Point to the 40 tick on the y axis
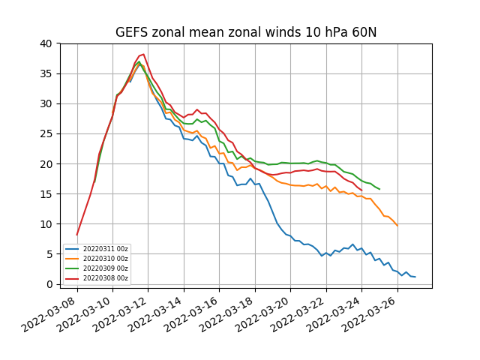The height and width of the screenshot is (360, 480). point(46,43)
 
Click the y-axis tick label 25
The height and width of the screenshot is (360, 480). point(46,134)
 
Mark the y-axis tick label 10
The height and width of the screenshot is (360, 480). point(46,224)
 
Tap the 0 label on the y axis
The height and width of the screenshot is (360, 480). point(49,284)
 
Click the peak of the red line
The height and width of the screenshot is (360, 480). point(143,54)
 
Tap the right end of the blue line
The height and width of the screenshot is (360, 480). point(415,277)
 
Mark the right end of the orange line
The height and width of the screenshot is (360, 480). point(397,226)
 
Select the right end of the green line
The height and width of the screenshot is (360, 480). point(379,189)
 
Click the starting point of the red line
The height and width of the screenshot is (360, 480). point(76,235)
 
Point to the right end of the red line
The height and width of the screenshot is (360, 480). point(361,190)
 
